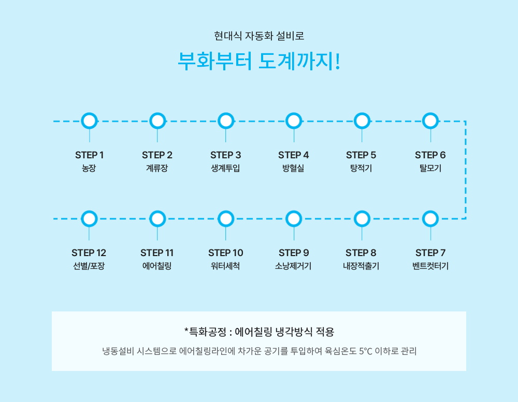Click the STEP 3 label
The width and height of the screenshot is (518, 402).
[226, 155]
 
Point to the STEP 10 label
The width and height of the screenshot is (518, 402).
[226, 253]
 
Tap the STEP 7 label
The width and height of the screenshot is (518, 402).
[430, 253]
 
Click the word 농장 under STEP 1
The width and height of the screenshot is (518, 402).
[89, 168]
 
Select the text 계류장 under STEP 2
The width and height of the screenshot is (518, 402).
[157, 168]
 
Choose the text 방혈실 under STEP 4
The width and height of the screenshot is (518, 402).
[293, 168]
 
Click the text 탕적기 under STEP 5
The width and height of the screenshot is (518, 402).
[361, 168]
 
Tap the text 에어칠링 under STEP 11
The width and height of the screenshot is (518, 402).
[157, 266]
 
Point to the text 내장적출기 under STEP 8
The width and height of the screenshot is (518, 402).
[361, 266]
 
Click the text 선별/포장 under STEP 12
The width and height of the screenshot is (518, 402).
[89, 266]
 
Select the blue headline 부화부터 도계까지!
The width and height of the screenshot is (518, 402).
[259, 61]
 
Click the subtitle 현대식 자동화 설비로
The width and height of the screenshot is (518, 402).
[259, 36]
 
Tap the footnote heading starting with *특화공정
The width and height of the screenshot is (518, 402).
[260, 331]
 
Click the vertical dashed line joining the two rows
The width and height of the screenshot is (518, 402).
[466, 170]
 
